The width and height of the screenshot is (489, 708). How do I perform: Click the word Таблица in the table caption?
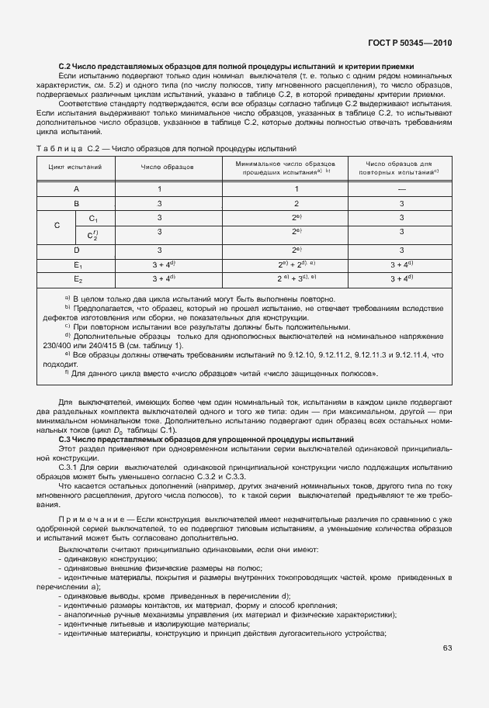coord(59,148)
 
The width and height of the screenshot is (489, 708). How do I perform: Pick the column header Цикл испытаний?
coord(75,167)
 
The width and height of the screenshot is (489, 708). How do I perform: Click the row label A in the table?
coord(76,188)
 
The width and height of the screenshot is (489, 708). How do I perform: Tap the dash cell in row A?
coord(402,188)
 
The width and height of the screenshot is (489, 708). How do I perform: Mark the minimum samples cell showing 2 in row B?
coord(296,203)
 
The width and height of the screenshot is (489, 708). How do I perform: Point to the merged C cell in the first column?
coord(57,226)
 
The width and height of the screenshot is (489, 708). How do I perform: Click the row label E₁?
coord(76,264)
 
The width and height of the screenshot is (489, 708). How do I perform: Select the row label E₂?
coord(76,278)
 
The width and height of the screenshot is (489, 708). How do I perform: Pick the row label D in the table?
coord(76,250)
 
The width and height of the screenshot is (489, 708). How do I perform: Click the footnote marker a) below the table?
coord(68,299)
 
